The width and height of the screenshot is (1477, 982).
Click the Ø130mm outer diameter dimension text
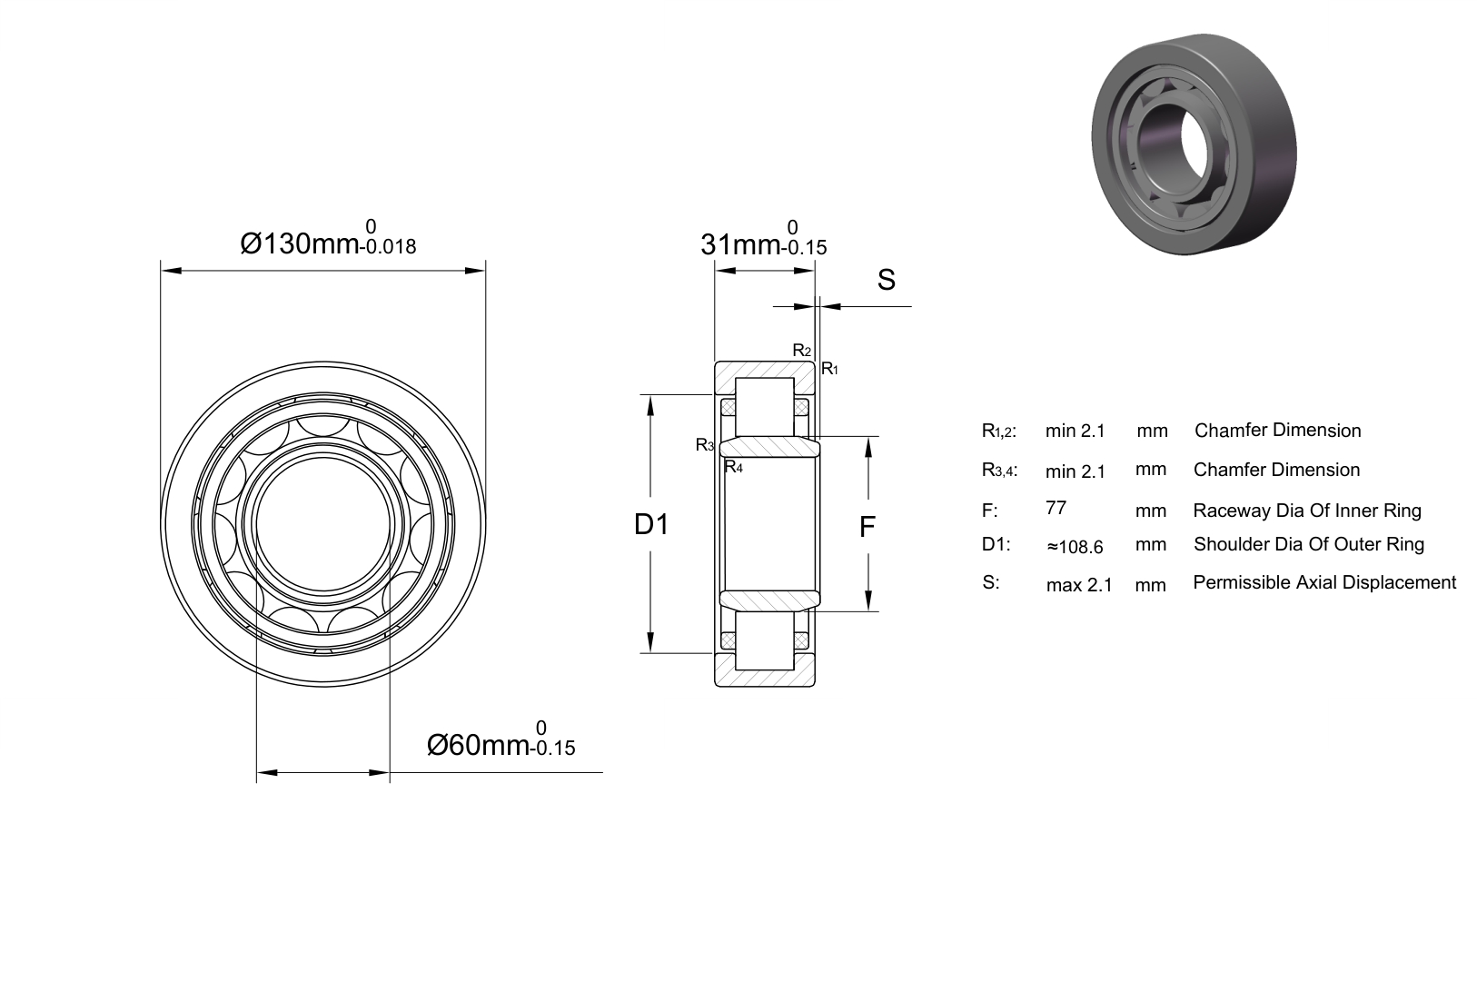(328, 239)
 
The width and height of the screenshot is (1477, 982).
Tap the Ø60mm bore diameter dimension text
(501, 740)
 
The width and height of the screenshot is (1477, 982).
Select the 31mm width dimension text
(763, 240)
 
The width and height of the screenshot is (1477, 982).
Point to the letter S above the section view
(887, 280)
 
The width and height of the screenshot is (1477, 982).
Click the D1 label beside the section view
(651, 524)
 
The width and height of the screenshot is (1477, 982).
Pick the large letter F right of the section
(867, 527)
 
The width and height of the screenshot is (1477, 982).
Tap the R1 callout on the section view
(829, 369)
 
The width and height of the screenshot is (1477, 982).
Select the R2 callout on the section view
(801, 351)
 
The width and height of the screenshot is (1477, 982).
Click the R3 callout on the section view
(705, 445)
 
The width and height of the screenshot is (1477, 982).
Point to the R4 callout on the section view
(733, 467)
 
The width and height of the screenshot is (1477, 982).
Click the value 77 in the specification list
(1056, 508)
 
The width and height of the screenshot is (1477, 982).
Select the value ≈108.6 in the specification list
(1075, 547)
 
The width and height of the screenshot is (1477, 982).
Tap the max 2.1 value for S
(1079, 585)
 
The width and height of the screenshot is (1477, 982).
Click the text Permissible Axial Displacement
(1324, 582)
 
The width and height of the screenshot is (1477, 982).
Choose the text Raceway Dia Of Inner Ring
(1307, 511)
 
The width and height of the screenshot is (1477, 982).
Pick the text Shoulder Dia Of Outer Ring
(1309, 544)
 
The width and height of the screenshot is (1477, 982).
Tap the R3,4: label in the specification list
(999, 471)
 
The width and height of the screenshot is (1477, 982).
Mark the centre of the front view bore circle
(323, 524)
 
